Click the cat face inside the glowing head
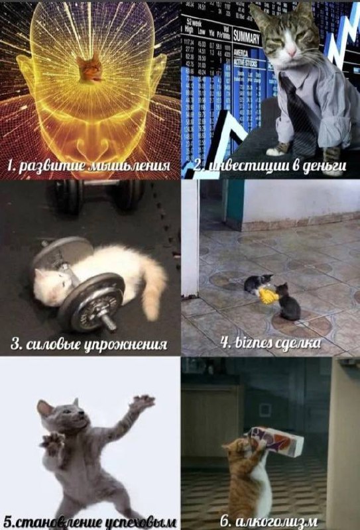click(x=90, y=69)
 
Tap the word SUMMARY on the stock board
click(x=246, y=38)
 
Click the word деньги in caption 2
click(x=324, y=166)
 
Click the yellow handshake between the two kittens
click(x=268, y=296)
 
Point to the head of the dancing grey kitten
click(x=61, y=416)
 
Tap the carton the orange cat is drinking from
click(x=276, y=441)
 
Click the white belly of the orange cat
click(x=262, y=484)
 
